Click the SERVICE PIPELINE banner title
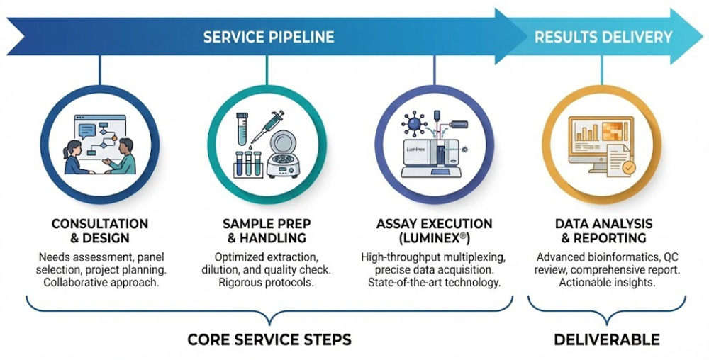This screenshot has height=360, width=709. pos(268,37)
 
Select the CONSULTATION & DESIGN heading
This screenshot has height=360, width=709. pos(100,231)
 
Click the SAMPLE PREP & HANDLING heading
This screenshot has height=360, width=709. pos(267,231)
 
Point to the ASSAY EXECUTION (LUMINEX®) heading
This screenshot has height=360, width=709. pos(435,231)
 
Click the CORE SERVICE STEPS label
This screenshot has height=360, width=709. pos(269,339)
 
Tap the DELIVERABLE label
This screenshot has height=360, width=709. pos(606,339)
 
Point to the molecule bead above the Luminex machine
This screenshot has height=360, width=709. pos(411,124)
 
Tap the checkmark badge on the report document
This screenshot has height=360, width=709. pos(627,169)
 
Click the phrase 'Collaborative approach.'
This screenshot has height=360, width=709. pos(100,283)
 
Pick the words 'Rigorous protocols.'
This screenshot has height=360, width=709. pos(267,283)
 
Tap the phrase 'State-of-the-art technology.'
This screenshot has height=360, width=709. pos(435,283)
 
